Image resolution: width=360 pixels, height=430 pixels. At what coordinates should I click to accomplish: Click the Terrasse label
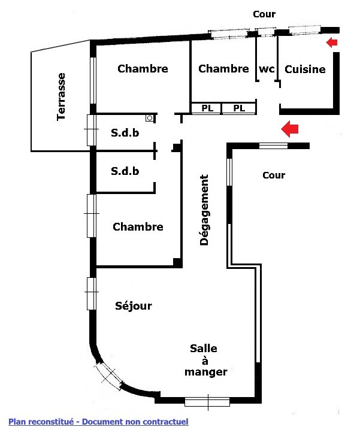tap(61, 96)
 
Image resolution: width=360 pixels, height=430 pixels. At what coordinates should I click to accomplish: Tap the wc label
tap(267, 69)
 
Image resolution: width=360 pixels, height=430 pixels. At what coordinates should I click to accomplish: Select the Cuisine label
tap(305, 69)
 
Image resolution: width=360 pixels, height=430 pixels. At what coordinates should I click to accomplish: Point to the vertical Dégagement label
tap(204, 210)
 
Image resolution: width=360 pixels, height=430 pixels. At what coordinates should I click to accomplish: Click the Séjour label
tap(134, 306)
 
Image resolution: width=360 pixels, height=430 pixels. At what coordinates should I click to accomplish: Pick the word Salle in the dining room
tap(204, 349)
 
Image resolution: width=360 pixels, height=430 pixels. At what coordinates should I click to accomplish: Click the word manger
tap(205, 372)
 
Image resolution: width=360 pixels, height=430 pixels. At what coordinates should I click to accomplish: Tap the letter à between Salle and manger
tap(204, 361)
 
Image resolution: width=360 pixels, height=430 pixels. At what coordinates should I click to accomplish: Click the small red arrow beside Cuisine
tap(331, 42)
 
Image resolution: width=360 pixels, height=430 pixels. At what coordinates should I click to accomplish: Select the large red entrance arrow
tap(290, 128)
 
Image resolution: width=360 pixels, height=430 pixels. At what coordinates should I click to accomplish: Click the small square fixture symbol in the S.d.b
tap(149, 119)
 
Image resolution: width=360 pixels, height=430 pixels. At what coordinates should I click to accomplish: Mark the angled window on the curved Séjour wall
tap(109, 374)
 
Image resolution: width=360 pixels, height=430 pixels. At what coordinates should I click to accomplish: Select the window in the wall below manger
tap(207, 401)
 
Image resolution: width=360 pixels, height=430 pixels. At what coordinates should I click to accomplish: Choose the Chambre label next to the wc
tap(223, 69)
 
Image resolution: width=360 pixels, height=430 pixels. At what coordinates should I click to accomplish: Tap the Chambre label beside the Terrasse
tap(143, 69)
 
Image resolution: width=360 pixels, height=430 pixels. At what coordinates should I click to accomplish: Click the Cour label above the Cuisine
tap(264, 14)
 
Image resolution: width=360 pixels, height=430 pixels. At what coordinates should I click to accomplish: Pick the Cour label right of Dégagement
tap(274, 175)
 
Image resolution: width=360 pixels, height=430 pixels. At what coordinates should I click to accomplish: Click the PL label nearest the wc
tap(239, 108)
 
